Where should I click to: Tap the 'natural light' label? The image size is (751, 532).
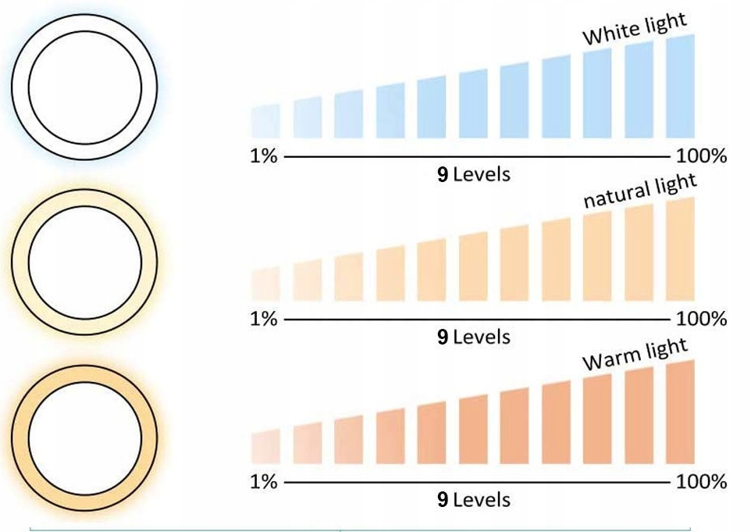640,191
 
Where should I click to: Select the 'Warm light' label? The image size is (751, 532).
635,355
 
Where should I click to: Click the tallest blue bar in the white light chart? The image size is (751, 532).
680,87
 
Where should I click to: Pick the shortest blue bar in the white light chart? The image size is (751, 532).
265,122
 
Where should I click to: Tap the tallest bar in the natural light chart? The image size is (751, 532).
680,250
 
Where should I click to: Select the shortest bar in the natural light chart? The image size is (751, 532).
265,284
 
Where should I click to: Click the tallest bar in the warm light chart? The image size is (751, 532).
680,412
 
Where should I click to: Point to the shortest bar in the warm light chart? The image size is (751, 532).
265,447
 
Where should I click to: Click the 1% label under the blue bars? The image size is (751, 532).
264,156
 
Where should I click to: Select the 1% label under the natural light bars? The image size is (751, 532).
264,319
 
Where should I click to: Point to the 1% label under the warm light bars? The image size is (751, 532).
264,482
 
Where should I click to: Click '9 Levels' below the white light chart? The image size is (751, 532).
473,174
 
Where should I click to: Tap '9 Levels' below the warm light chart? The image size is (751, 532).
473,500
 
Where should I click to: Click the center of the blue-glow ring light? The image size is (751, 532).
85,84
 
